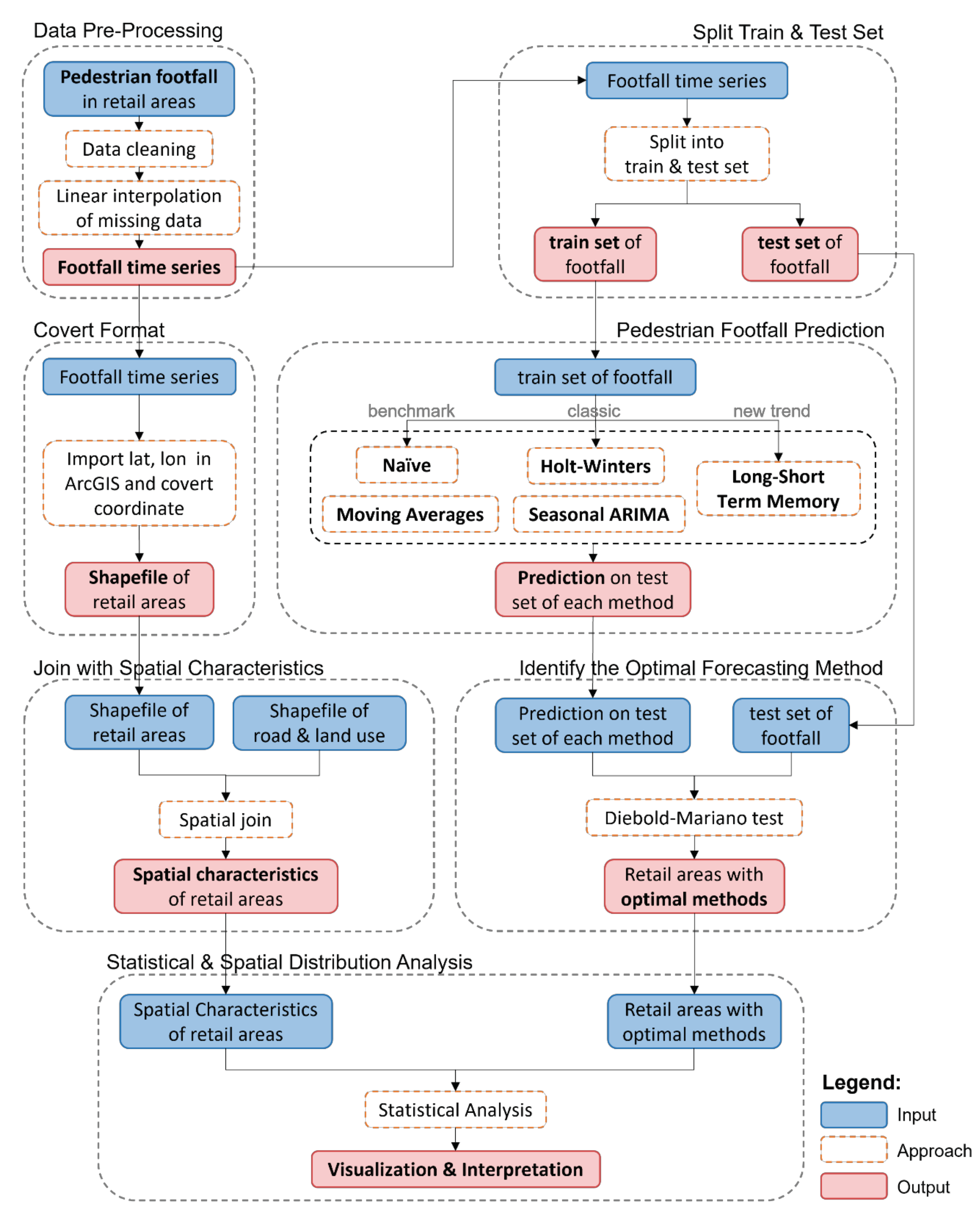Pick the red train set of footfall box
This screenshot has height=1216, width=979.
595,254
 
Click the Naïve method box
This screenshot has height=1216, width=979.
407,465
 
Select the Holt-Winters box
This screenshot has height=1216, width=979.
595,466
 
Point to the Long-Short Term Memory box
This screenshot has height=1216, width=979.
778,489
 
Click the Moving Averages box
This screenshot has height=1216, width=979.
410,514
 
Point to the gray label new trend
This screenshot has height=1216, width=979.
771,411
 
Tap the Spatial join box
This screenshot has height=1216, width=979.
225,819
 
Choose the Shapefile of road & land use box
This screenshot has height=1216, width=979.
319,723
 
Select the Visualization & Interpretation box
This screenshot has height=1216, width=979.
455,1169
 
